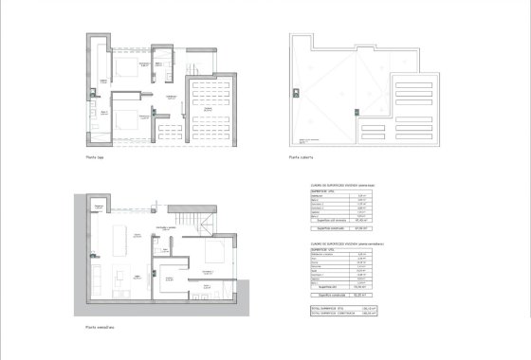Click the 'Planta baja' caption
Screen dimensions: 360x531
point(95,158)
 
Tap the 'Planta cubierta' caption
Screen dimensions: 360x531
point(300,158)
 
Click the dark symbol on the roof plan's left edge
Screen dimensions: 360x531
point(295,91)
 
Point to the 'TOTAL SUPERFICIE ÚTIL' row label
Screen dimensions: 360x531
point(325,306)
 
